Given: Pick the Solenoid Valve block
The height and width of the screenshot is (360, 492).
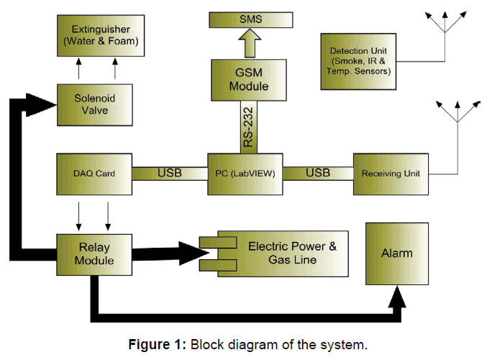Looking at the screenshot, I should click(x=94, y=104).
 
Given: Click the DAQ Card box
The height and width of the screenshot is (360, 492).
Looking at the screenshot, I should click(x=94, y=173).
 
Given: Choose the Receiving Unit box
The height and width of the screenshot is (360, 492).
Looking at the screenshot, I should click(x=390, y=173).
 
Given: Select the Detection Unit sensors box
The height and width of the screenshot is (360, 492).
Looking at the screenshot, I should click(x=359, y=62).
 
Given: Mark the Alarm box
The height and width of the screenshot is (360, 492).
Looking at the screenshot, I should click(x=396, y=253).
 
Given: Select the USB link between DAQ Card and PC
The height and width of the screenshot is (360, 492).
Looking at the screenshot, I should click(x=170, y=173).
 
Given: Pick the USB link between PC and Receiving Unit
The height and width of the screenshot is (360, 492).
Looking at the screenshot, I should click(x=318, y=173).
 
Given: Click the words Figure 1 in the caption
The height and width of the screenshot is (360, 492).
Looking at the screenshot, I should click(x=158, y=344).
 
